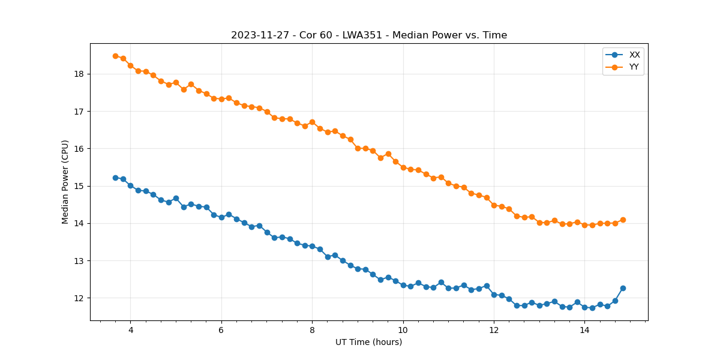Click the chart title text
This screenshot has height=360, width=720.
pyautogui.click(x=369, y=35)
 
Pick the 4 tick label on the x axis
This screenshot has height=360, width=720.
pyautogui.click(x=130, y=330)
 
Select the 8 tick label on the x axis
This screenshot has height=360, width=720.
pyautogui.click(x=312, y=330)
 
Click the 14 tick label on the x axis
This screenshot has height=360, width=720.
pyautogui.click(x=584, y=330)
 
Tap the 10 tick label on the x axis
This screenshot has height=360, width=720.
pyautogui.click(x=403, y=330)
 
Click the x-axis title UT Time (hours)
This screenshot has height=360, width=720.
pyautogui.click(x=368, y=342)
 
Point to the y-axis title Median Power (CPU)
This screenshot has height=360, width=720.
pyautogui.click(x=65, y=182)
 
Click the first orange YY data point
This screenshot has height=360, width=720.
pyautogui.click(x=115, y=56)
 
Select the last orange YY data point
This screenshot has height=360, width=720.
pyautogui.click(x=623, y=220)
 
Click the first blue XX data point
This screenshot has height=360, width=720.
pyautogui.click(x=115, y=178)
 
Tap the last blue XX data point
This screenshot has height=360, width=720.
pyautogui.click(x=623, y=288)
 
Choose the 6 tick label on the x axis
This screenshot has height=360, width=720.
pyautogui.click(x=221, y=330)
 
